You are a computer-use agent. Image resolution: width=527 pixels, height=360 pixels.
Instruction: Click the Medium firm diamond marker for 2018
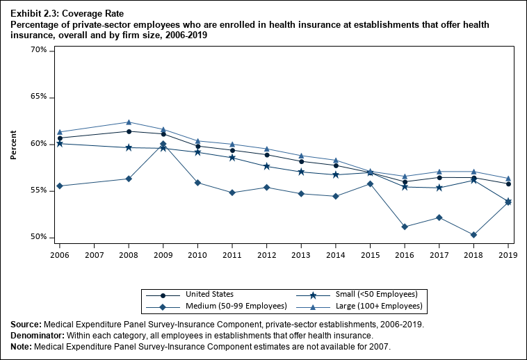pos(473,235)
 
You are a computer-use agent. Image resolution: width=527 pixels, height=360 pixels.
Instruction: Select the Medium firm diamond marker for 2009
pos(163,144)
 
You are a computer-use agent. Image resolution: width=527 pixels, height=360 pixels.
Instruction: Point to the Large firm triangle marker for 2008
pos(129,122)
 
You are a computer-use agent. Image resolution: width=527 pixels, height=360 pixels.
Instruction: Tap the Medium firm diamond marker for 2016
pos(405,227)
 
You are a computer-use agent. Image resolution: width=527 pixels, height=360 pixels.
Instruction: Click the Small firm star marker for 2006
pos(60,143)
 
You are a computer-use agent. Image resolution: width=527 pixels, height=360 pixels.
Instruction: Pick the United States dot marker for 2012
pos(267,155)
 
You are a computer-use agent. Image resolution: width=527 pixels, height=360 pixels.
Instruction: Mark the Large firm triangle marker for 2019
pos(508,179)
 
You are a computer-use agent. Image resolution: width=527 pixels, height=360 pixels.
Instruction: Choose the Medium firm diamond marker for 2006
pos(60,186)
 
